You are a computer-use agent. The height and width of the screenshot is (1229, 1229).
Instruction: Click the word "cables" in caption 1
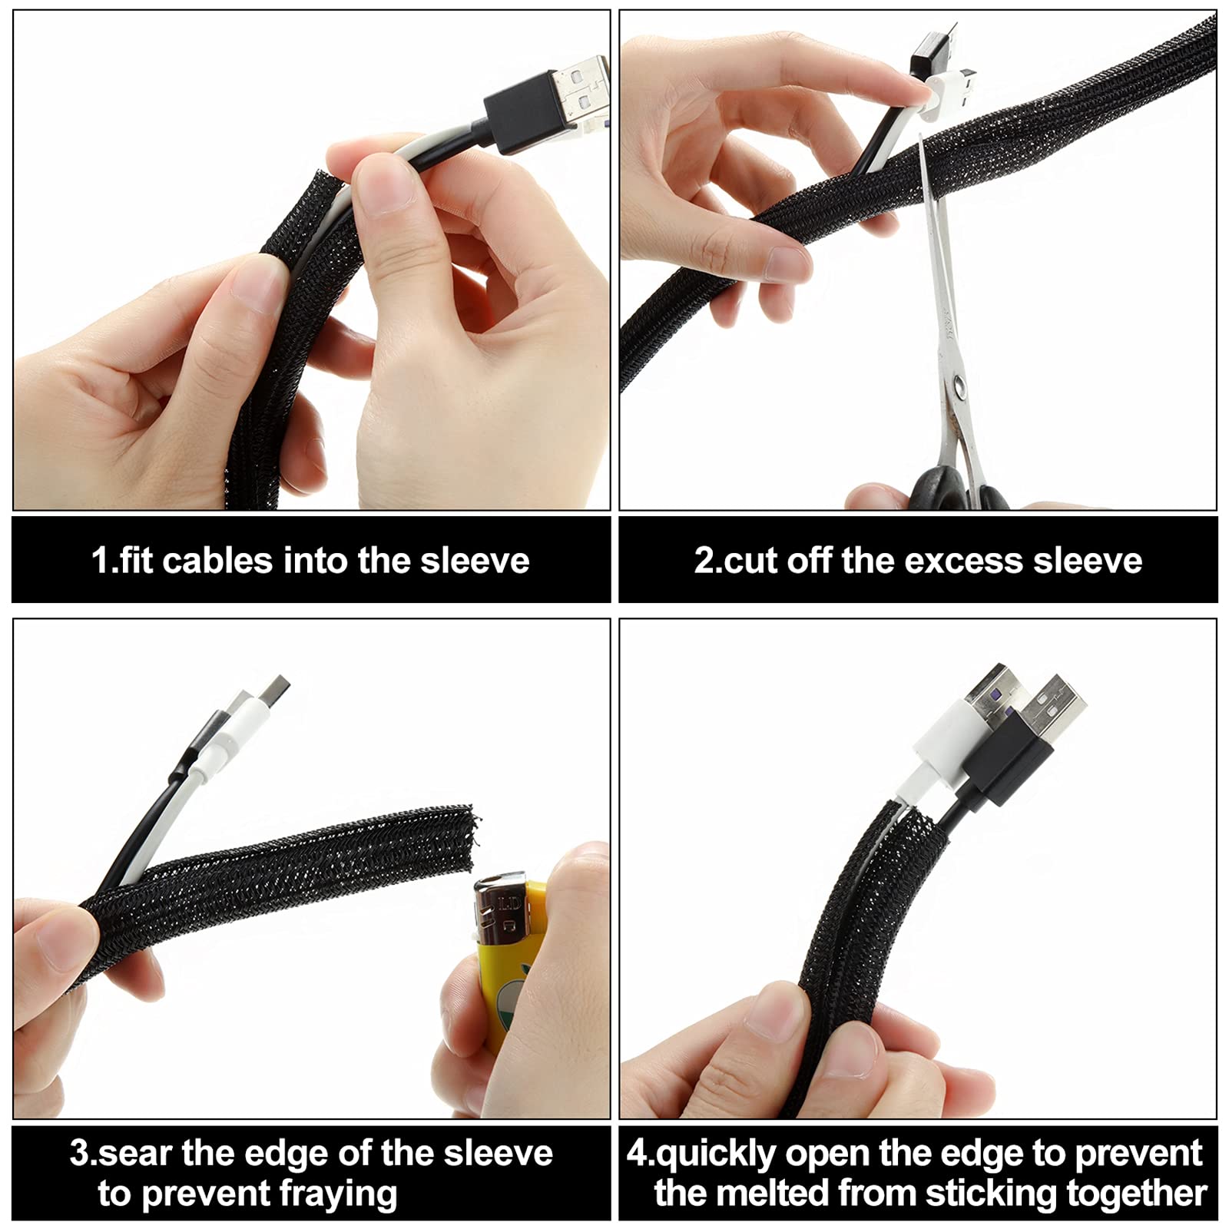(x=217, y=561)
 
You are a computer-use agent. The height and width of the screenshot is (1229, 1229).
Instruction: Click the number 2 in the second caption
(x=704, y=561)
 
